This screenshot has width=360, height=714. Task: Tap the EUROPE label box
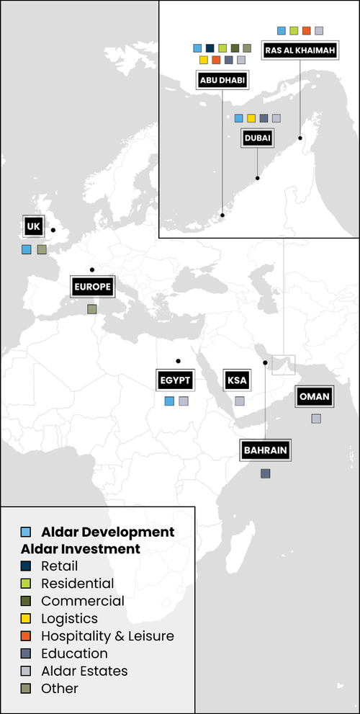[x=92, y=287]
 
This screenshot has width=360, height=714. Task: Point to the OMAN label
[x=315, y=397]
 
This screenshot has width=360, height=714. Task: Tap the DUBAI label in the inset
[x=257, y=138]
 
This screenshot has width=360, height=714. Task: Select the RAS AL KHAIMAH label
[x=300, y=50]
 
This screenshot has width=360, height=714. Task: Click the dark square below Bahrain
[x=266, y=473]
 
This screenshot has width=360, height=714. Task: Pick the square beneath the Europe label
[x=92, y=309]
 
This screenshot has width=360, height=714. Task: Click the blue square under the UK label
[x=27, y=249]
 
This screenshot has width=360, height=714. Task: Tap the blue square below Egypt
[x=169, y=401]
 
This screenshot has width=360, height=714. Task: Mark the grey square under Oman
[x=316, y=419]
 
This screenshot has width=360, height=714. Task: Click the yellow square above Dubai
[x=251, y=118]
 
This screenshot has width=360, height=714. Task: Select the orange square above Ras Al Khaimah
[x=306, y=31]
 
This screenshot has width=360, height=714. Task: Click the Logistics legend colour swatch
[x=26, y=619]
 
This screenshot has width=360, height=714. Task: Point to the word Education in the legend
[x=74, y=653]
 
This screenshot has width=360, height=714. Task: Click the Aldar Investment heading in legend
[x=70, y=549]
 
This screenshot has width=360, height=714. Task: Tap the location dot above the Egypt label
[x=177, y=360]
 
